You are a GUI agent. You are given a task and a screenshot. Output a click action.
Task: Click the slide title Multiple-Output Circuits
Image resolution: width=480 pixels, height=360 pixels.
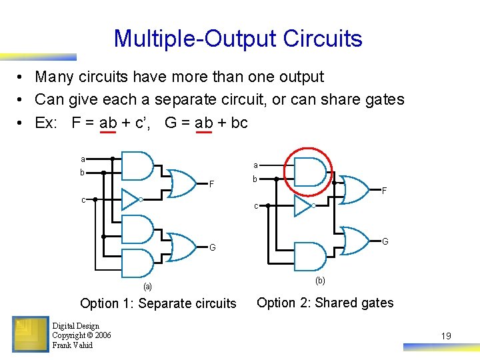click(238, 39)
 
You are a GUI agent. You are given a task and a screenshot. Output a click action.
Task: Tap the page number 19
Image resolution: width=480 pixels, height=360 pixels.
click(446, 336)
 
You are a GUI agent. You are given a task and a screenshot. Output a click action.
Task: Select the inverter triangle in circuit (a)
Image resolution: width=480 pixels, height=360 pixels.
click(131, 199)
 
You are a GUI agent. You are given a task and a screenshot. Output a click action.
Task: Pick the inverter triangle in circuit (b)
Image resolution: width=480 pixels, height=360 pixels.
click(303, 206)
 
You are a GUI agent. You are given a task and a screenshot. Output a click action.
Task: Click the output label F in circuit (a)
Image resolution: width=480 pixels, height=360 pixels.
click(211, 183)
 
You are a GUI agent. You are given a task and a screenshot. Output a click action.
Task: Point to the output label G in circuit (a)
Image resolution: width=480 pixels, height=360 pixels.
click(212, 248)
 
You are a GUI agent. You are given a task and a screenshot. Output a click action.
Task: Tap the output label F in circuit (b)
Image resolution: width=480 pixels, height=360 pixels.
click(385, 191)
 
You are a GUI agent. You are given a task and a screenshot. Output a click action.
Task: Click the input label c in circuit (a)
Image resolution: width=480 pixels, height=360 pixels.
click(83, 199)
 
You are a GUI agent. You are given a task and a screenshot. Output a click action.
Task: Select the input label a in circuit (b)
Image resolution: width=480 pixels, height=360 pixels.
click(255, 165)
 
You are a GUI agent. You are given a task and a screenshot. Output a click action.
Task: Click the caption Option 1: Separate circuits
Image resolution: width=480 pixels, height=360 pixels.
click(158, 303)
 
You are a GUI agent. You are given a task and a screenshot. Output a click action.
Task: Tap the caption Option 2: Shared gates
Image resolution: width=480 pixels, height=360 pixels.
click(325, 303)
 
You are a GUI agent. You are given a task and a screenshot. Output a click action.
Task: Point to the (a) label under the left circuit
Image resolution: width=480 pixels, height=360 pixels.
click(147, 287)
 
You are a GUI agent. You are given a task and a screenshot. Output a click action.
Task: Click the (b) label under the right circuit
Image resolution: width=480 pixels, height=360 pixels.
click(320, 281)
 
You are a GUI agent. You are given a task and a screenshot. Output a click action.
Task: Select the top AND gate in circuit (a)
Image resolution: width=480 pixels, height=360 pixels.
click(138, 166)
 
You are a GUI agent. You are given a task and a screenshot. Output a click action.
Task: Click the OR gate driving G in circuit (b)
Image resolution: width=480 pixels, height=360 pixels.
click(355, 241)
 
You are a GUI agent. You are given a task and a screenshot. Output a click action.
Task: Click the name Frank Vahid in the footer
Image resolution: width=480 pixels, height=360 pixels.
click(72, 345)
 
